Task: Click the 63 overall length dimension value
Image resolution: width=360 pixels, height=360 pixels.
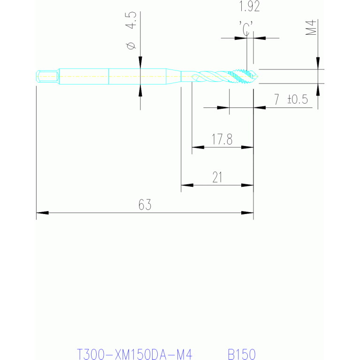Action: pos(145,205)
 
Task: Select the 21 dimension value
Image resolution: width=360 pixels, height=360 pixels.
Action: pos(217,177)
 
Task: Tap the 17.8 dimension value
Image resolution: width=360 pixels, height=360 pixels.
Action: pos(222,139)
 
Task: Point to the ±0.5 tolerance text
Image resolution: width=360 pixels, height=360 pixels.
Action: pos(298,99)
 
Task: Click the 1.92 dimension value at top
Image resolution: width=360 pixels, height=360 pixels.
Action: pos(250,6)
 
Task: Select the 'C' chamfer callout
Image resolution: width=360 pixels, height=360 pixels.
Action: pos(246,28)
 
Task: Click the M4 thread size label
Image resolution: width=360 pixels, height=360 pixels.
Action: pos(311,28)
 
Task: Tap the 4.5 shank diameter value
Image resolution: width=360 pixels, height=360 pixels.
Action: pos(131,20)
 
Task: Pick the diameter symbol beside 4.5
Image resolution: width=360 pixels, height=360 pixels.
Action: pos(131,46)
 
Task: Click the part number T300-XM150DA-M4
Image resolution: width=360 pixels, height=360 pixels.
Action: pos(134,354)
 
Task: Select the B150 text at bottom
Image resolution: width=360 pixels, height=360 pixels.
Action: pos(242,354)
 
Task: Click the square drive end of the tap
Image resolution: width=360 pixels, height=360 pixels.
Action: pos(47,77)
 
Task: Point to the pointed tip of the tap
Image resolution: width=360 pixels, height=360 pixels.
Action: pos(257,77)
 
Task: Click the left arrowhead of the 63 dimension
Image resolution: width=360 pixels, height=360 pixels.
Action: pos(42,213)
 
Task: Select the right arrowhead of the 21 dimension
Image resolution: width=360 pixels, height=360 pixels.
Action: pos(247,185)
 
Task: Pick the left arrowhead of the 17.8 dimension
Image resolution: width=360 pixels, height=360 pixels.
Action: pos(198,147)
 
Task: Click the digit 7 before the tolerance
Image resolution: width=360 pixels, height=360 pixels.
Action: pos(276,99)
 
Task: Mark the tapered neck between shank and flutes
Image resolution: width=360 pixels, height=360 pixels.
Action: pos(174,77)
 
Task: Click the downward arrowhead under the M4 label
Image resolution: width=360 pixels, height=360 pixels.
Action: pos(318,63)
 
